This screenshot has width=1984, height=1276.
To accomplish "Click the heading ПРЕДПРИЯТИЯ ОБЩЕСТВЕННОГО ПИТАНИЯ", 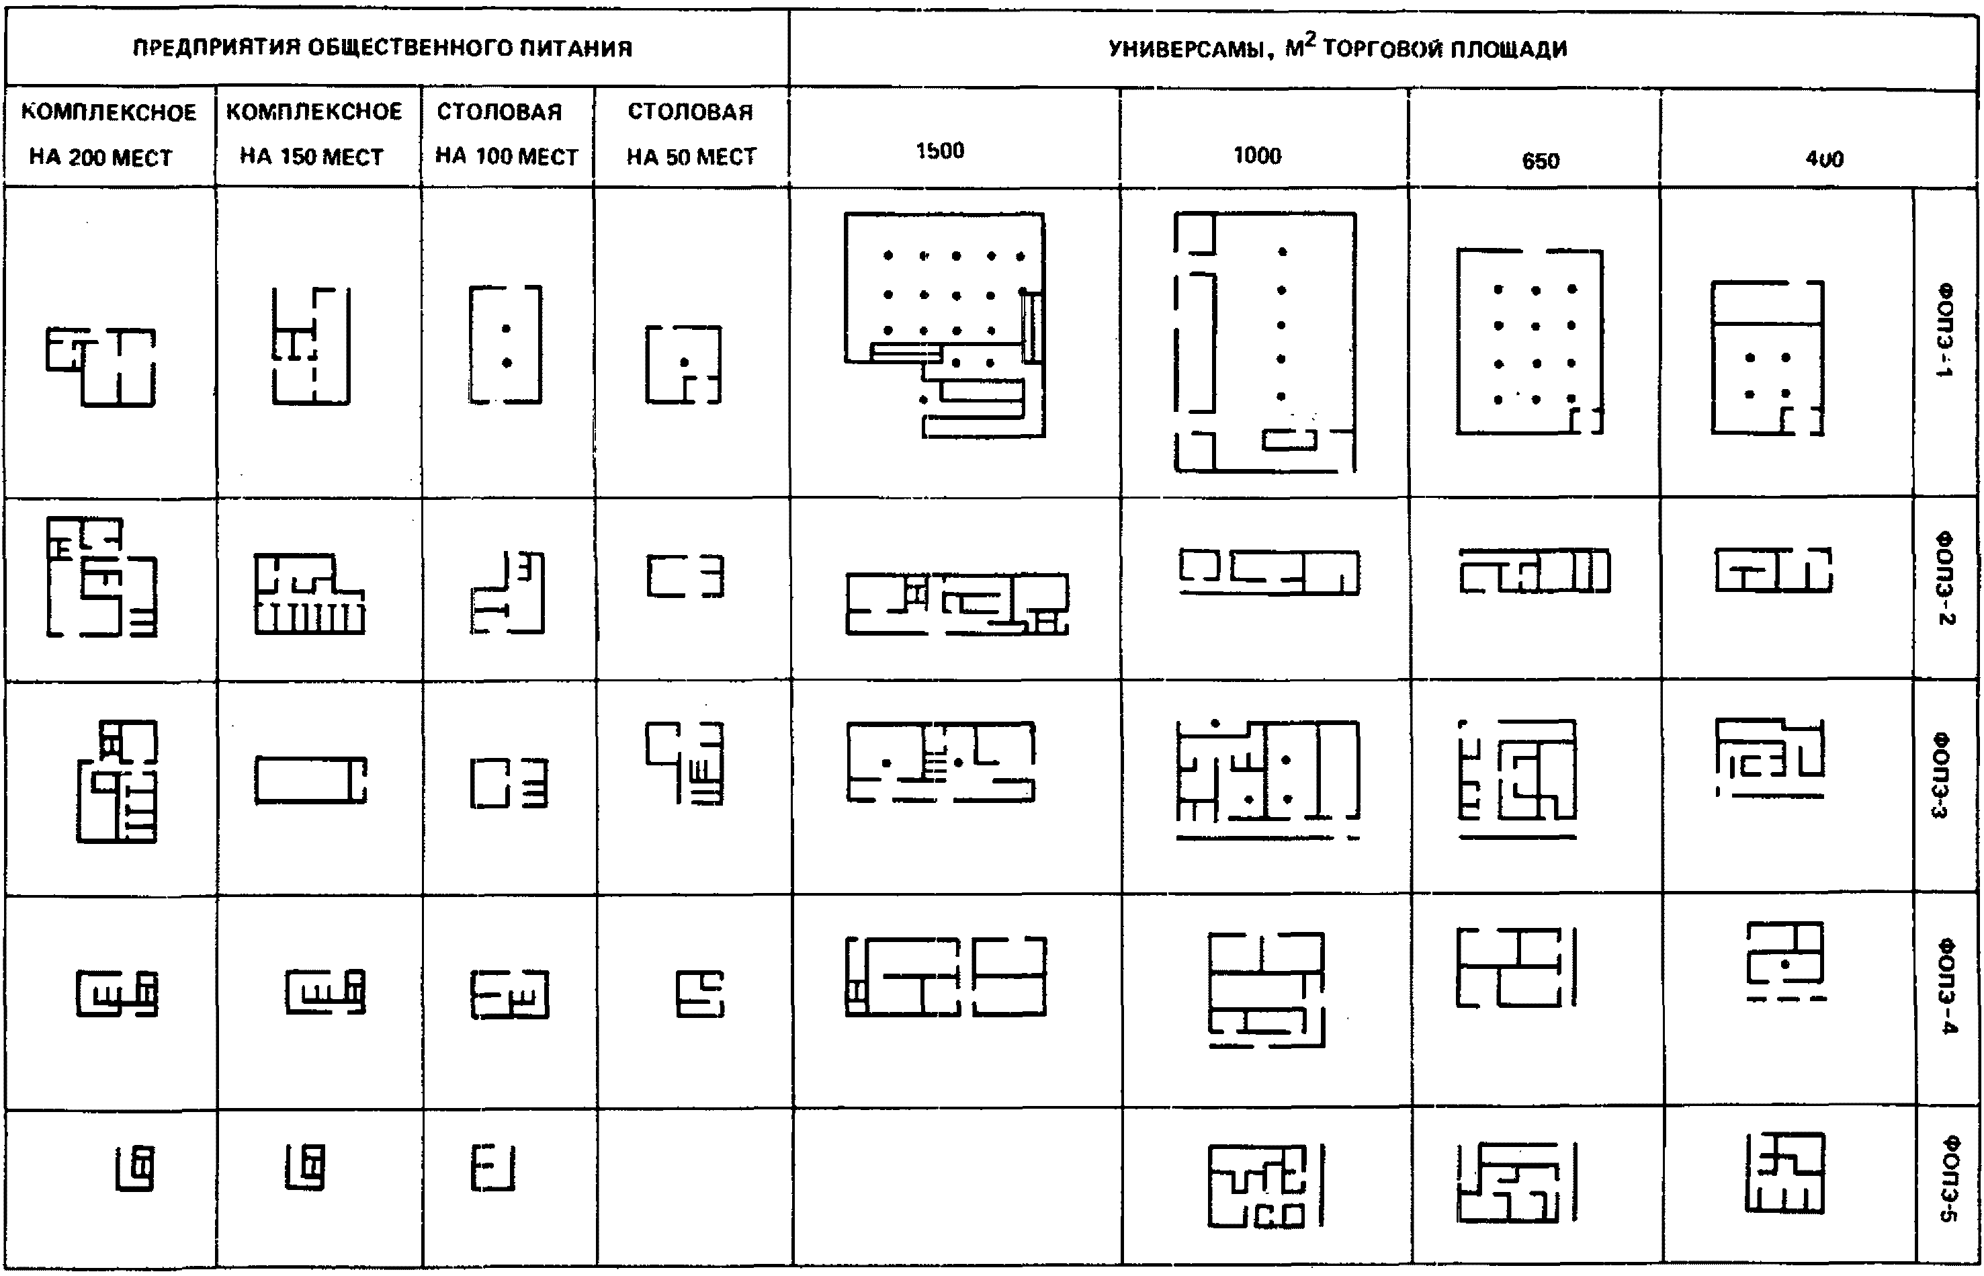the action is coord(383,48).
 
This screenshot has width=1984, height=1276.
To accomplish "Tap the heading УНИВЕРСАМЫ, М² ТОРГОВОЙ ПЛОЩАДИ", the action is coord(1337,48).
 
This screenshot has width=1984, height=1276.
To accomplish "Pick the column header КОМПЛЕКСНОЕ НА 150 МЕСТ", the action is coord(314,134).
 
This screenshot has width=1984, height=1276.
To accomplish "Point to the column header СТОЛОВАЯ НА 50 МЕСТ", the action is coord(691,134).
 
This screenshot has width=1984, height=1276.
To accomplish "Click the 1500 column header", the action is coord(939,151).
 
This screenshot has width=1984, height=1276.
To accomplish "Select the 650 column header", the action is coord(1540,160).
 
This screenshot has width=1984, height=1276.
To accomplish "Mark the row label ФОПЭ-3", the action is coord(1942,774).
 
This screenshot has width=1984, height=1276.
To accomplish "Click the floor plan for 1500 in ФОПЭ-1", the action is coord(945,324).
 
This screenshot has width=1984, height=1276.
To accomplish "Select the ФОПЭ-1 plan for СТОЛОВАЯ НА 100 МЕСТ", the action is coord(505,344).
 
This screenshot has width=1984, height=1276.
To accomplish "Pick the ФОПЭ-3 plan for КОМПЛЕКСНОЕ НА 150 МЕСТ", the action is coord(310,779).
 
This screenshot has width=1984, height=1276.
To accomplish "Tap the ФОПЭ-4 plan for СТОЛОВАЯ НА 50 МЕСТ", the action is coord(700,994).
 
